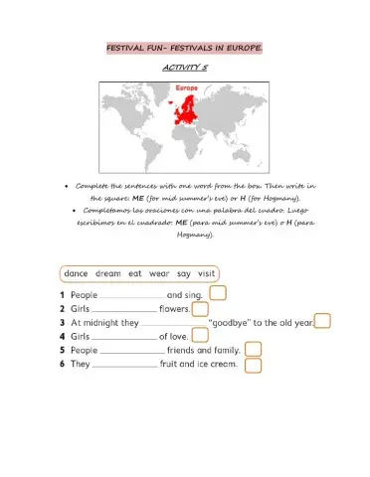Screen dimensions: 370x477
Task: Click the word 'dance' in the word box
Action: [x=78, y=273]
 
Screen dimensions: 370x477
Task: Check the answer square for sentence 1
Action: [x=218, y=294]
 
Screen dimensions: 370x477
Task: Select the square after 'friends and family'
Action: [x=253, y=350]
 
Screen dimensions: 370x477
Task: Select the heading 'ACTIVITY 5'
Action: [x=184, y=68]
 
